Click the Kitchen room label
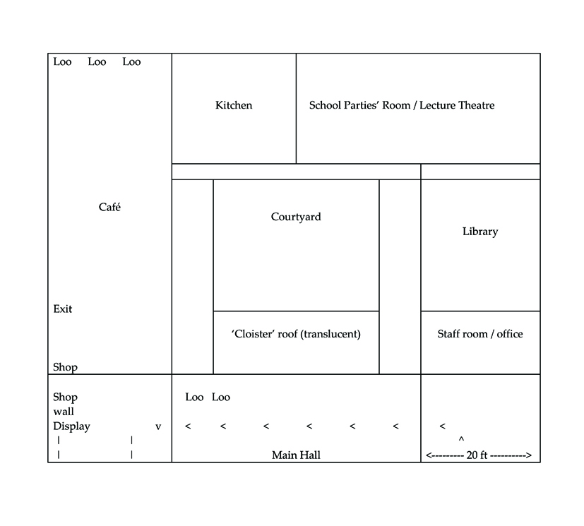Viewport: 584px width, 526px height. point(234,105)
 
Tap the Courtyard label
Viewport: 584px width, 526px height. point(296,217)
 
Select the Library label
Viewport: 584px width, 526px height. point(480,232)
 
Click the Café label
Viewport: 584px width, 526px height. point(109,207)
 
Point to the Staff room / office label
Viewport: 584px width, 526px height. point(480,334)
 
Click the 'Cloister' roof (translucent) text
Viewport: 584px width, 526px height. point(296,334)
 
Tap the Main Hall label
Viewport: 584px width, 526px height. point(296,455)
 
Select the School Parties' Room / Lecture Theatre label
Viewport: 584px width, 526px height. point(402,105)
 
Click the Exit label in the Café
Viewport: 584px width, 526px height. point(63,309)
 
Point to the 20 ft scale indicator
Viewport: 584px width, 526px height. point(479,455)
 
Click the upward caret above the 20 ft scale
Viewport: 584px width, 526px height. point(461,439)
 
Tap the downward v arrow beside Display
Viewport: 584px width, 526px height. point(158,426)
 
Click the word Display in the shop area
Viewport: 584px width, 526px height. point(71,426)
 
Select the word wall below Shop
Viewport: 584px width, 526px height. point(64,412)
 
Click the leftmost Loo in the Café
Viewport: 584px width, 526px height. point(62,62)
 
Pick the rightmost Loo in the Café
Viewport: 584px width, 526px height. point(131,62)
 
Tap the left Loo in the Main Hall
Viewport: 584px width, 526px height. point(194,398)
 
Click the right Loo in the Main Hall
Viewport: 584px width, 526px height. point(221,398)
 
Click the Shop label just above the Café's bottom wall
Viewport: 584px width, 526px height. point(65,367)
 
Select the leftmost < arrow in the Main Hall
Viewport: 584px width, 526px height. point(188,426)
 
